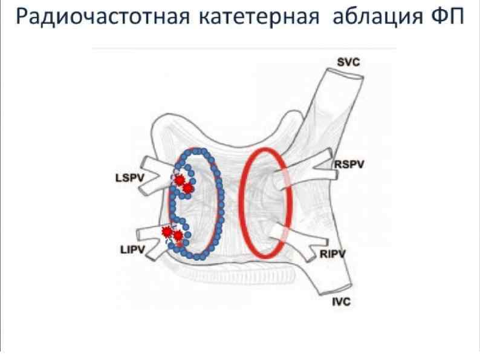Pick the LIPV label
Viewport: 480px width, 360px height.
click(131, 249)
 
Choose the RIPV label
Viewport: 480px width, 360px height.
click(330, 254)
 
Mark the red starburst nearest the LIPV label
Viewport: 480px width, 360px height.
click(167, 232)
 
